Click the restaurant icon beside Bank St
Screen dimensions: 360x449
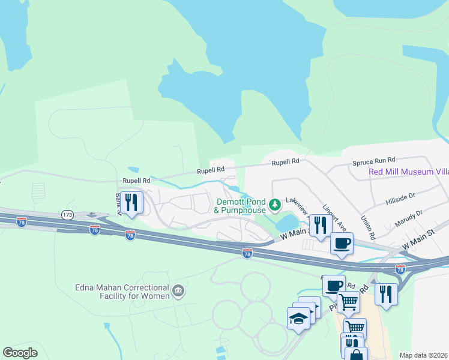pos(131,202)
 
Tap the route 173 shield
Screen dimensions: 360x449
pos(66,214)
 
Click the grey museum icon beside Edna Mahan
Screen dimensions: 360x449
pos(178,292)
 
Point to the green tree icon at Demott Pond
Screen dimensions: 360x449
pos(275,205)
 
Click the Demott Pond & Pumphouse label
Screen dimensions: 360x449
pos(240,206)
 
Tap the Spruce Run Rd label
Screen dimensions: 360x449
pos(373,160)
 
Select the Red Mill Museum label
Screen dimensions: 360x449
pos(408,172)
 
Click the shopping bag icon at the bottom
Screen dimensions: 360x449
pos(355,355)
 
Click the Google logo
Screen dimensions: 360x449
pos(20,353)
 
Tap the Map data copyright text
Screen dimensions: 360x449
pos(423,355)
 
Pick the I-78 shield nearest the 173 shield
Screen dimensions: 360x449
pos(94,229)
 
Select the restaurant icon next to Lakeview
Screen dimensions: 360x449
pos(320,225)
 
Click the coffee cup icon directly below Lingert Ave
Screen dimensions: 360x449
pos(341,244)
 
